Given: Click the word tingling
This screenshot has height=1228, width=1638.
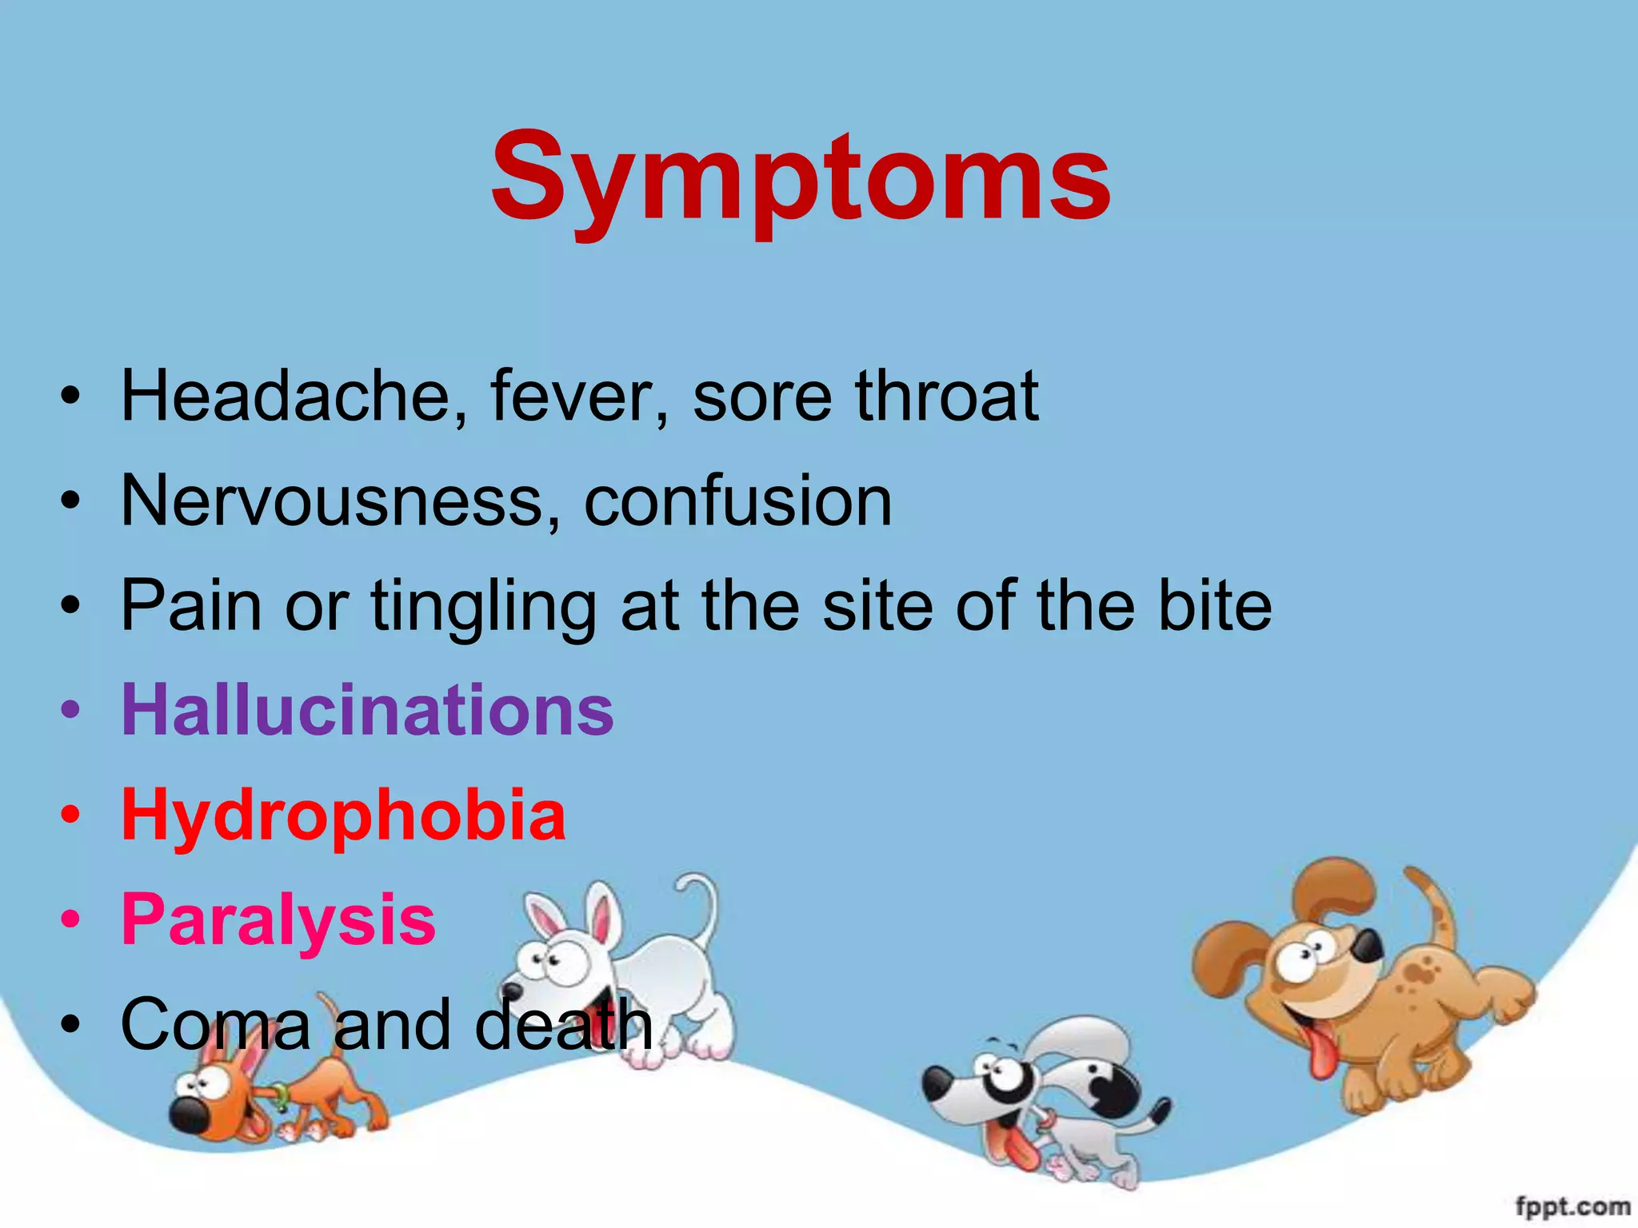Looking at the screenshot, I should tap(483, 606).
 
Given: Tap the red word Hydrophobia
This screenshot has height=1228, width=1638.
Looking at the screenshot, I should tap(343, 815).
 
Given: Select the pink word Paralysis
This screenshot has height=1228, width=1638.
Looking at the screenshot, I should tap(278, 919).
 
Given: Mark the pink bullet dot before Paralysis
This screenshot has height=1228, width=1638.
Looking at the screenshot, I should tap(70, 920).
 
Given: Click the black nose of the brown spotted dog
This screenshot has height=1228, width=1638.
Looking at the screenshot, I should tap(1368, 947).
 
